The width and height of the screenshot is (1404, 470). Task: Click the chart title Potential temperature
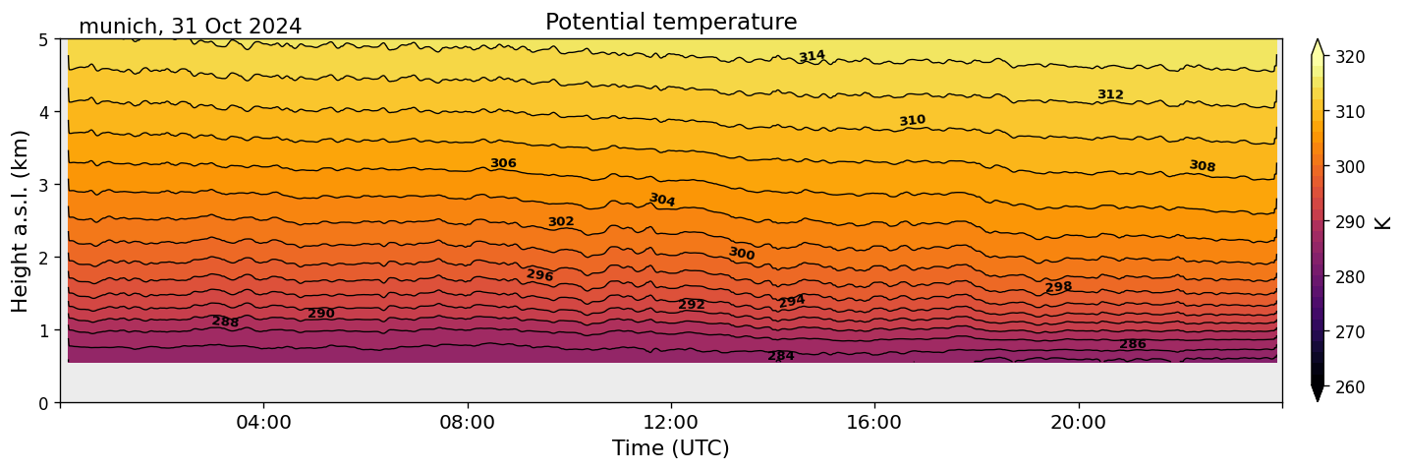point(671,22)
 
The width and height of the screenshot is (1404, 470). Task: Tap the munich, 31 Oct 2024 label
point(190,27)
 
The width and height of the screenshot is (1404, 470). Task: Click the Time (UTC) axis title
point(671,448)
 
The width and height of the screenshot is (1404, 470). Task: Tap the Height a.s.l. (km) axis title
point(22,220)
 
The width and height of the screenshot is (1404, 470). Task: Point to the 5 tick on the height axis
point(44,39)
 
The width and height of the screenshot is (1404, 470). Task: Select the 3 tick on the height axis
point(44,185)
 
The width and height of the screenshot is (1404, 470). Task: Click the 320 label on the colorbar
point(1349,57)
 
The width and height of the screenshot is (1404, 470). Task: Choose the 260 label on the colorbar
point(1349,387)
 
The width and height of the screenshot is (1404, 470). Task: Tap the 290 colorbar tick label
point(1349,222)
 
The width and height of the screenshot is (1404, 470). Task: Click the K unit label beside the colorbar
point(1383,222)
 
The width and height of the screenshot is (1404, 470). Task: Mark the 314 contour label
point(812,57)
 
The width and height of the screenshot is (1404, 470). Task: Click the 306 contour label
point(503,163)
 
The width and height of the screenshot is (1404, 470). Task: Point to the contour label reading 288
point(225,322)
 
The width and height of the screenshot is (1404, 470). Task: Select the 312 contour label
point(1110,94)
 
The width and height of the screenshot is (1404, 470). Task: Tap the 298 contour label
point(1058,287)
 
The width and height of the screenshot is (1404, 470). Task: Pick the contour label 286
point(1133,344)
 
